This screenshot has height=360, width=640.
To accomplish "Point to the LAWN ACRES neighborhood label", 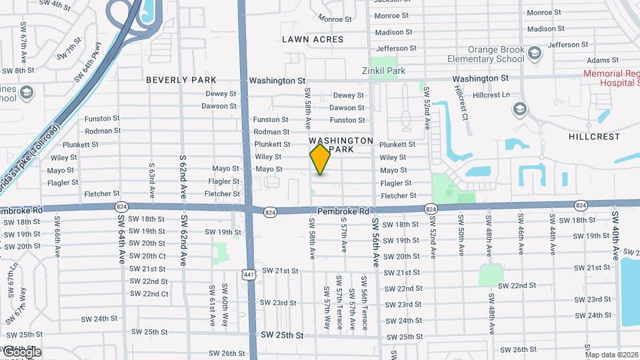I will tap(313, 39).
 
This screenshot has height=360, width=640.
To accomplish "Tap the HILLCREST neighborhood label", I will tap(594, 137).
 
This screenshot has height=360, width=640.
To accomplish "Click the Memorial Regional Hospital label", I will tap(610, 79).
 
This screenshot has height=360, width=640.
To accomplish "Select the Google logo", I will tap(21, 351).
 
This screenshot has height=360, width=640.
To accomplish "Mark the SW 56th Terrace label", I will tap(365, 304).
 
